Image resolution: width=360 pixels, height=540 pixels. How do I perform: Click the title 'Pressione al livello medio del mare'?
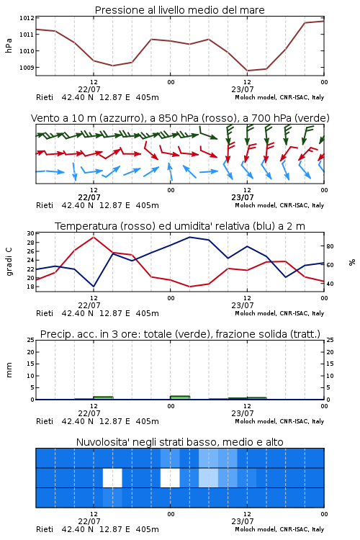point(179,10)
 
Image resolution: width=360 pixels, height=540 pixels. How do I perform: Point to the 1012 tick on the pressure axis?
point(27,18)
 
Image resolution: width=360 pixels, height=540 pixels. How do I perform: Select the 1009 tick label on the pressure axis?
point(27,68)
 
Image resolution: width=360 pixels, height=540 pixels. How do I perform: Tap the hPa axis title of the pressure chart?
point(9,45)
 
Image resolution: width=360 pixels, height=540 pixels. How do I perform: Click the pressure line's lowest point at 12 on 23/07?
point(248,71)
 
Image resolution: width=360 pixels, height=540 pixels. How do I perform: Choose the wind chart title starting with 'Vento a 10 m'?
point(180,118)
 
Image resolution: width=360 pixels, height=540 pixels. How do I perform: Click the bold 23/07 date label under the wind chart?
point(243,197)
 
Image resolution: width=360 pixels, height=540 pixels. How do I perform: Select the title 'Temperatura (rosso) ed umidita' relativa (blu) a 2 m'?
point(180,226)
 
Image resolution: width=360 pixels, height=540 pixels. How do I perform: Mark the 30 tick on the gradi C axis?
point(31,233)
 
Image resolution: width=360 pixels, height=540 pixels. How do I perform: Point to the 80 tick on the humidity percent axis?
point(330,246)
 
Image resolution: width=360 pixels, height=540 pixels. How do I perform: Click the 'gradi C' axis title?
point(9,261)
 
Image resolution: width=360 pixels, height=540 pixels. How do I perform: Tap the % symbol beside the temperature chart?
point(352,262)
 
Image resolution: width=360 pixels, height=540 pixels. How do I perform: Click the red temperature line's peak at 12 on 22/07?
point(94,237)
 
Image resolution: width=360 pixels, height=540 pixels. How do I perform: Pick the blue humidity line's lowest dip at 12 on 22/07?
point(94,287)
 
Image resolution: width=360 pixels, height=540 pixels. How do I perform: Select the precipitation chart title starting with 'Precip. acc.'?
point(180,334)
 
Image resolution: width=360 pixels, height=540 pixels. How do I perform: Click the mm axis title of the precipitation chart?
point(9,370)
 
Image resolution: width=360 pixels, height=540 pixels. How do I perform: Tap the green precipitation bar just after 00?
point(180,397)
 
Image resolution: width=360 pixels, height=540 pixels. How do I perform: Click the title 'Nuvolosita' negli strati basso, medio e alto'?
point(179,442)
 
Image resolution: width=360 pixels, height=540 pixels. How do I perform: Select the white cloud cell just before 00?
point(170,477)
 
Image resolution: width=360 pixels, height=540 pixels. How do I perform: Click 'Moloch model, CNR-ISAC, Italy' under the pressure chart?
point(279,97)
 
